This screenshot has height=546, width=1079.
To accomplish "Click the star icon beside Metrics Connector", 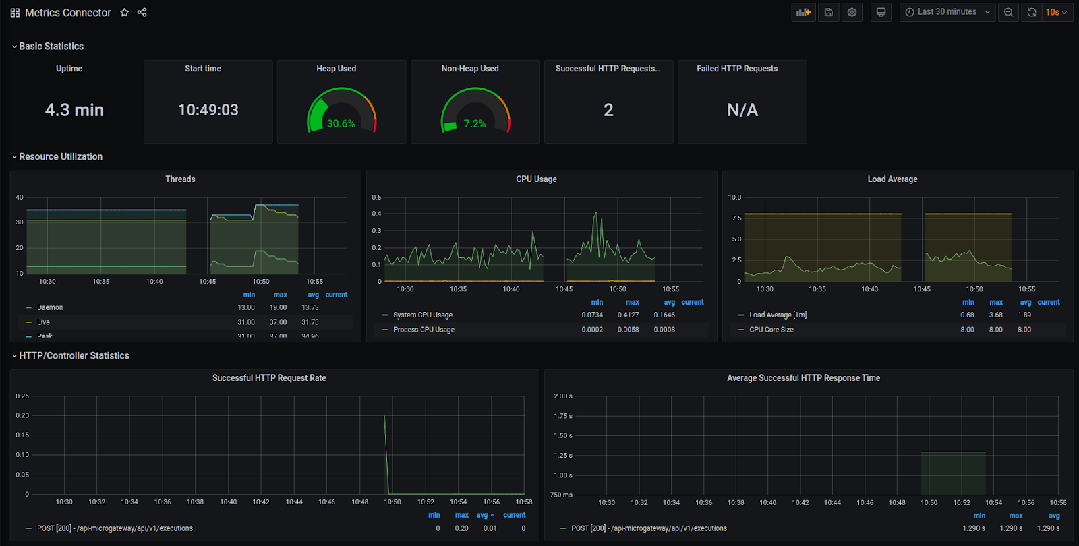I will tap(124, 12).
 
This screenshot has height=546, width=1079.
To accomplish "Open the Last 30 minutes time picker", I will tap(947, 12).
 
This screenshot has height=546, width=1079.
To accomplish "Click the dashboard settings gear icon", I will tap(852, 12).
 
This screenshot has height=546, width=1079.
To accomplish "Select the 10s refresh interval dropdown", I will tap(1056, 12).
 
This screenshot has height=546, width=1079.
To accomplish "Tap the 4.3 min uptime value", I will tap(74, 110).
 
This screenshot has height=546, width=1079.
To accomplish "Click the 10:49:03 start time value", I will tap(208, 110).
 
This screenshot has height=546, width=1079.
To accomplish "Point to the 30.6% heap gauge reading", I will tap(341, 124).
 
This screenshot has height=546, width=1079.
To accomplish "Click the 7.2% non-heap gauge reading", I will tap(474, 124).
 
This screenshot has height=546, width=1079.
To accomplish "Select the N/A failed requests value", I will tap(742, 110).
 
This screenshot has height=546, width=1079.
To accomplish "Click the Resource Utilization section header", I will tap(61, 156).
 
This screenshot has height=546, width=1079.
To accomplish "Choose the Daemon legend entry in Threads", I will tap(50, 307).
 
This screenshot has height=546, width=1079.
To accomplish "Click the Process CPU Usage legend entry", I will tap(424, 330).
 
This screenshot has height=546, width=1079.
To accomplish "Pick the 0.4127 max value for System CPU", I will tap(628, 315).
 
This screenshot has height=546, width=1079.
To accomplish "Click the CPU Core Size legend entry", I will tap(771, 330).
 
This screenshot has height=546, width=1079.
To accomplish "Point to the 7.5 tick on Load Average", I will tap(736, 218).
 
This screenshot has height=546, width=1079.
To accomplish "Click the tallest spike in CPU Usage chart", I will tap(595, 214).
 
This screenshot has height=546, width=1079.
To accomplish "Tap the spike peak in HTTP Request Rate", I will tap(384, 416).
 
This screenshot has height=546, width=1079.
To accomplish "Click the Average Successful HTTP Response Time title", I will tap(803, 378).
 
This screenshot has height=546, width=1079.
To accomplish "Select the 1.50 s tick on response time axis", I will tap(562, 435).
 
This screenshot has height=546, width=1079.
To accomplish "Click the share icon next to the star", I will tap(142, 12).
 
